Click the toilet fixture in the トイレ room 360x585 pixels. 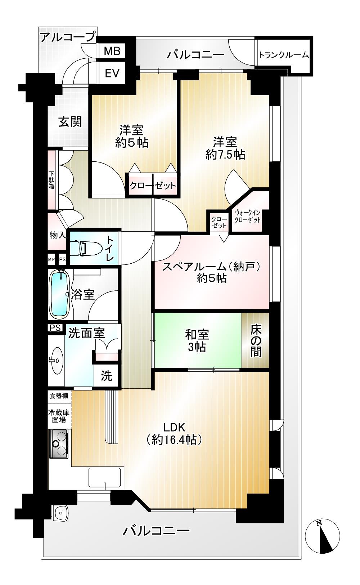pos(86,247)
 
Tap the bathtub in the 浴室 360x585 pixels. pos(60,294)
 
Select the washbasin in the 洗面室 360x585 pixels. pos(57,361)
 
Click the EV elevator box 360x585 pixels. pos(112,73)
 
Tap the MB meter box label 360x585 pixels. pos(112,51)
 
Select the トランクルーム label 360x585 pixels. pos(284,55)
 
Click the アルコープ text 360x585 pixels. pos(68,37)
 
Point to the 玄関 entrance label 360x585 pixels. pos(70,122)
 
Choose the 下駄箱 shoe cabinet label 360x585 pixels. pos(51,180)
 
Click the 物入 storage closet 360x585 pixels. pos(58,235)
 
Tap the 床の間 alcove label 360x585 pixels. pos(256,340)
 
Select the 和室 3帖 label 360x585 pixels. pos(197,340)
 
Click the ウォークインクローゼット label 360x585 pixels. pos(247,216)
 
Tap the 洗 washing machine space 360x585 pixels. pos(107,375)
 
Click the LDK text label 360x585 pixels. pos(174,428)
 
